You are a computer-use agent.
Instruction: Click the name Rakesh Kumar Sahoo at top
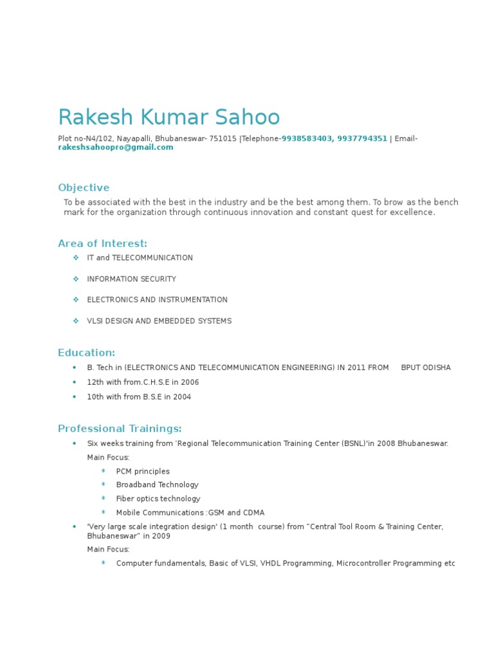pyautogui.click(x=169, y=118)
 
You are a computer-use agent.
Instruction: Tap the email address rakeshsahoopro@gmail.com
pyautogui.click(x=116, y=147)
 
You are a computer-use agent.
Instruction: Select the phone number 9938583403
pyautogui.click(x=306, y=138)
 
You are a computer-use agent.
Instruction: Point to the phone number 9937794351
pyautogui.click(x=362, y=138)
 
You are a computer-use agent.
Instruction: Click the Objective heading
pyautogui.click(x=84, y=188)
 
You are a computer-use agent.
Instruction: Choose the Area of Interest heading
pyautogui.click(x=103, y=243)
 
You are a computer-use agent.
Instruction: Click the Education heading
pyautogui.click(x=87, y=353)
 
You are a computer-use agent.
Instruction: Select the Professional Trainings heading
pyautogui.click(x=120, y=429)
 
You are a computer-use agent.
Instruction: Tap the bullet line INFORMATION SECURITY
pyautogui.click(x=131, y=279)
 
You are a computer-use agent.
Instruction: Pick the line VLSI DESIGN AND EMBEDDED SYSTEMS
pyautogui.click(x=159, y=321)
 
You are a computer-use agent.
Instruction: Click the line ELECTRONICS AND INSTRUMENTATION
pyautogui.click(x=157, y=300)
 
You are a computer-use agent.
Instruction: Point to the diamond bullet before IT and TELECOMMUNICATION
pyautogui.click(x=75, y=257)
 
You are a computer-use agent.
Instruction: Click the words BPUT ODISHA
pyautogui.click(x=426, y=367)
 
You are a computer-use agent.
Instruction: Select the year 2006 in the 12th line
pyautogui.click(x=190, y=382)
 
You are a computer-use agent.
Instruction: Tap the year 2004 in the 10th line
pyautogui.click(x=182, y=397)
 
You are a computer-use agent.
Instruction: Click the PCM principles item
pyautogui.click(x=143, y=472)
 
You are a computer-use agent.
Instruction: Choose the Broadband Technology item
pyautogui.click(x=157, y=485)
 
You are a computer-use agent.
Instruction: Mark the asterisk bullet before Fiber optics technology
pyautogui.click(x=103, y=499)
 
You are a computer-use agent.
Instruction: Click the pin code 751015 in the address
pyautogui.click(x=223, y=138)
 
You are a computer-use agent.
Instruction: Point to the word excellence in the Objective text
pyautogui.click(x=412, y=212)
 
